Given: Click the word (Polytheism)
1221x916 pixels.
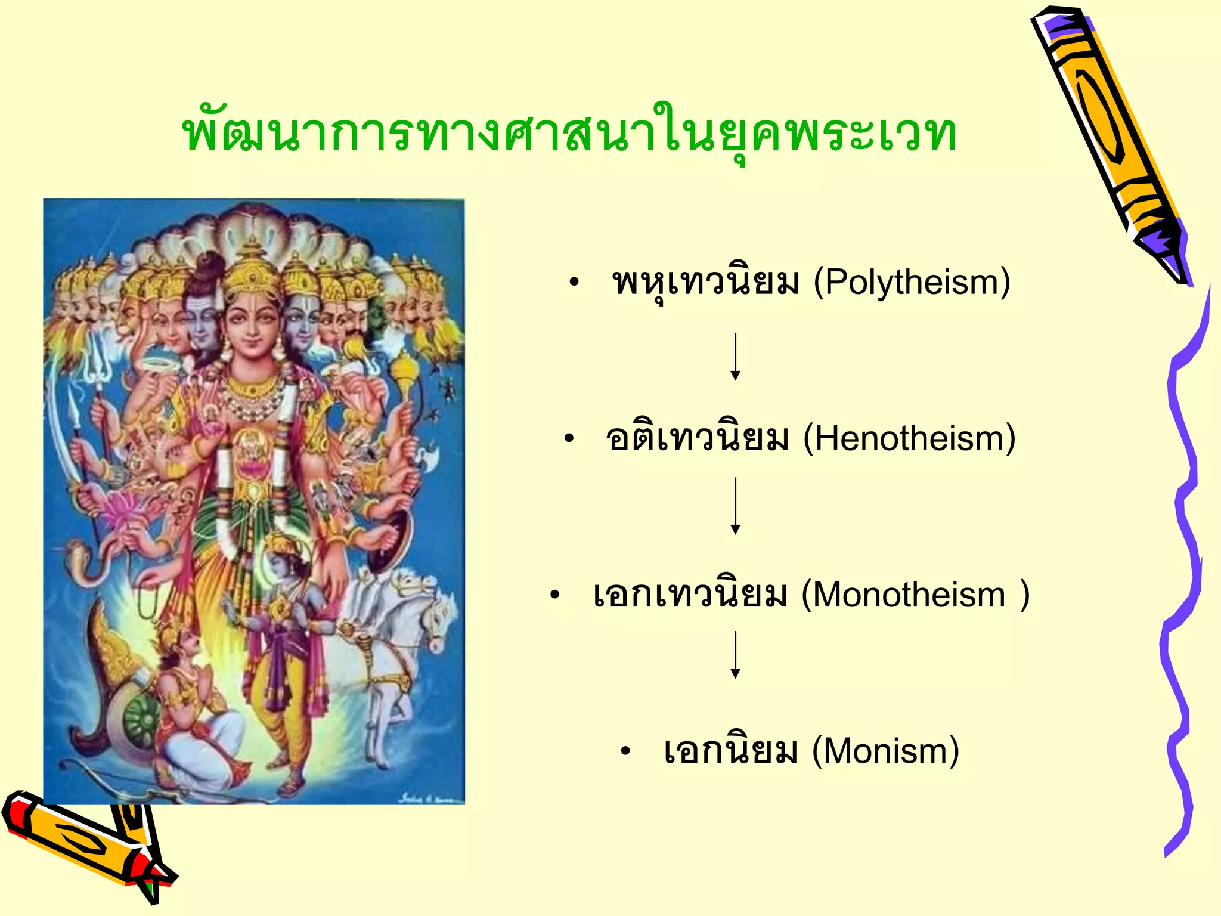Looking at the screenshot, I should coord(912,281).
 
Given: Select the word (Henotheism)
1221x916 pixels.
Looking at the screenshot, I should coord(909,438).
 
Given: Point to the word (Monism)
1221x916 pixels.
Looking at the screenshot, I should coord(885,750).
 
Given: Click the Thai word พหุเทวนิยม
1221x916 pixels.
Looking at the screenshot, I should coord(705,281).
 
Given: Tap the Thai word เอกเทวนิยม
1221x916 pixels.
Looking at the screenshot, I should coord(689,595).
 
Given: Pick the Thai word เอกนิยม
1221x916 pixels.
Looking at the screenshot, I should coord(730,750).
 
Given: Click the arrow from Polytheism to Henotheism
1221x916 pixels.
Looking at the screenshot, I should coord(736,357).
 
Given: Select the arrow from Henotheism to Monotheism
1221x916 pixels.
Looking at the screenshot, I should coord(736,506).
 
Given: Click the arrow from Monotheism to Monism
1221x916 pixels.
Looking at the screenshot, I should coord(736,655).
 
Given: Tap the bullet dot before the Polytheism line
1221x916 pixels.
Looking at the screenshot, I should coord(574,283).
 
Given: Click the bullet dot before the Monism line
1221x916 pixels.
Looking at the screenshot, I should coord(625,751).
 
